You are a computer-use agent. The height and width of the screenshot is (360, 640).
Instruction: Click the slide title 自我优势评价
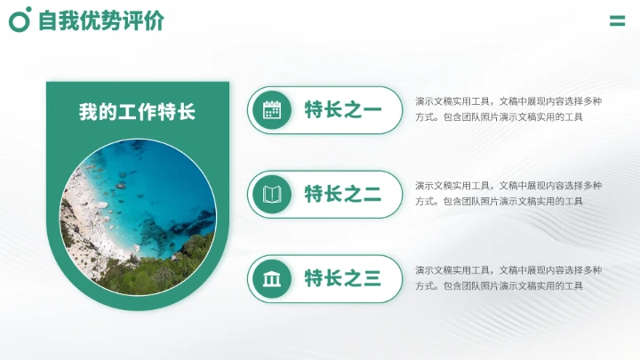pos(100,21)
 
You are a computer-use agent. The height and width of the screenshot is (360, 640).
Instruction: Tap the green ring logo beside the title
pos(20,19)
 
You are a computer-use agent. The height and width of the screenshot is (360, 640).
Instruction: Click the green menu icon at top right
pos(617,21)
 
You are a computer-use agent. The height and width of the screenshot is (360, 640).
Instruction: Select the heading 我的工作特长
pos(137,113)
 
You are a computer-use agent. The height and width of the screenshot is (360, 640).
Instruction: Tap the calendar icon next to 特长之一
pos(272,110)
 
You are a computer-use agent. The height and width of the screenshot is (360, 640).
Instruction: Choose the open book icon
pos(272,195)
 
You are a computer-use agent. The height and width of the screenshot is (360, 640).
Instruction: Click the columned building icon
pos(272,279)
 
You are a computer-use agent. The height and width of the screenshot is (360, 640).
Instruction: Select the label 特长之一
pos(342,110)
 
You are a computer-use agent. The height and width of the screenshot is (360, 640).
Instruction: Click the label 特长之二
pos(342,195)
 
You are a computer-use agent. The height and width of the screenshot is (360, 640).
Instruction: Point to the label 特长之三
pos(342,279)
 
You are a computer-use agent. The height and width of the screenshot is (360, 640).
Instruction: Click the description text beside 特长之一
pos(508,108)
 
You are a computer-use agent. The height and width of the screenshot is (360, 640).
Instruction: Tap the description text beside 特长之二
pos(508,193)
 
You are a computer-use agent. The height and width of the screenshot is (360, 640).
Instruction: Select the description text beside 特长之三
pos(508,277)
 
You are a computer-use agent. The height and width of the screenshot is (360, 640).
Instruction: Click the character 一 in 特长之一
pos(372,110)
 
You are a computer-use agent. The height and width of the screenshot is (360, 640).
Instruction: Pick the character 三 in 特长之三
pos(372,279)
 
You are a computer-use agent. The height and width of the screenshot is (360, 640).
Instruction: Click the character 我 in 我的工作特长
pos(88,113)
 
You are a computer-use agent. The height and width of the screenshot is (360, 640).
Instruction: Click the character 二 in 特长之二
pos(372,195)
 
